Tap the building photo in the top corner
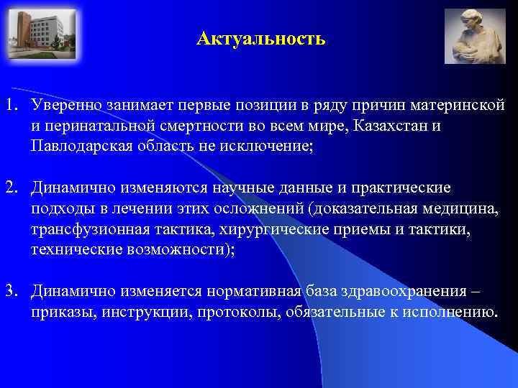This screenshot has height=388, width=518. pos(42,34)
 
